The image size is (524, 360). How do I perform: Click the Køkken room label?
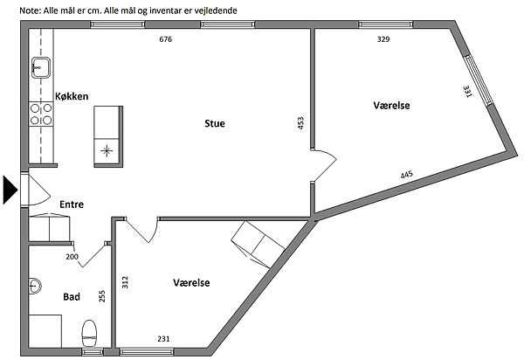72,96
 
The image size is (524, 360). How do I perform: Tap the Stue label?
215,123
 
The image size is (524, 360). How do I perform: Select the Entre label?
72,204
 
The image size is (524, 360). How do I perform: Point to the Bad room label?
72,296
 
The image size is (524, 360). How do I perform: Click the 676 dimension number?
165,39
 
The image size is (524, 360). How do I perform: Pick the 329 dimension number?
383,39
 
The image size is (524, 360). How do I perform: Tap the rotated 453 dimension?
300,123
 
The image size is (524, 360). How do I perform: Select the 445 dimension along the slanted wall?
407,175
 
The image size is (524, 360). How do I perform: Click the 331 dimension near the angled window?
467,92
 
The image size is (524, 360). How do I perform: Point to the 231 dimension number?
163,339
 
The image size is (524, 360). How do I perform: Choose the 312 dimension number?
125,282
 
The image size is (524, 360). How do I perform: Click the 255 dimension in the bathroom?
102,296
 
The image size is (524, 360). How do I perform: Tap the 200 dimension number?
72,257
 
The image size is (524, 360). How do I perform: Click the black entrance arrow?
10,190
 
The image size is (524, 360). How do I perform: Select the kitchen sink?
41,67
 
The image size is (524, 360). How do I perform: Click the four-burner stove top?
41,114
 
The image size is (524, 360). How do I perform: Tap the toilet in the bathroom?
89,333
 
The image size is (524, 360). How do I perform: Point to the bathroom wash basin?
34,286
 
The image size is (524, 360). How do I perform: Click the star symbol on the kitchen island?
107,151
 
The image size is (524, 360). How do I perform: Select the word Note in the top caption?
30,10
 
